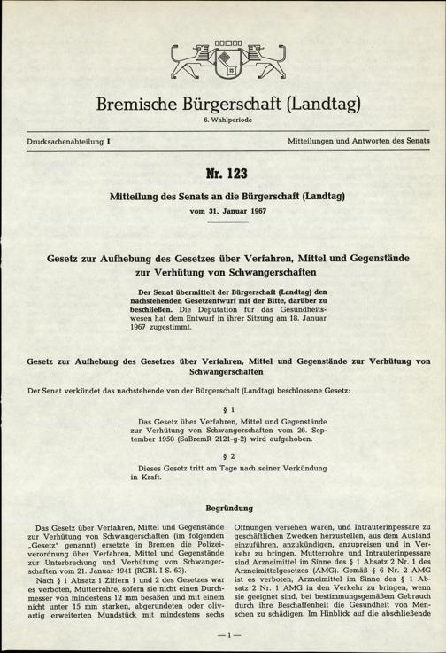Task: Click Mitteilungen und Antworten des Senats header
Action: coord(361,142)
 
